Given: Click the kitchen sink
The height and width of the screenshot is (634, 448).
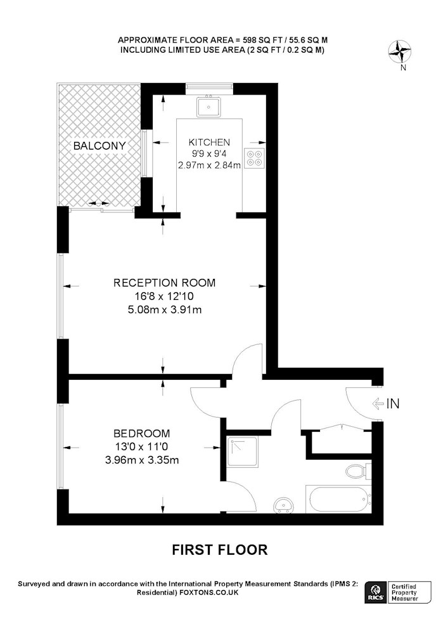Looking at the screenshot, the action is pos(209,107).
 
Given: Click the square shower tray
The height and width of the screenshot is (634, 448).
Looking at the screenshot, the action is pos(242,451).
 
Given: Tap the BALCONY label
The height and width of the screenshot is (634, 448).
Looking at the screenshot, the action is pos(99,146).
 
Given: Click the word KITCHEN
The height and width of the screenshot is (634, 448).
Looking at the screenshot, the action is pos(209,142).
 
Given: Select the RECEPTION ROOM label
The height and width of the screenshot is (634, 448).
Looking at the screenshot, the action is pos(164,283).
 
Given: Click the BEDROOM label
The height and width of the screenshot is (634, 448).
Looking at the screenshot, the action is pos(142,434).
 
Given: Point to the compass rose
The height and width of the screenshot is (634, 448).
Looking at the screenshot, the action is pos(399,52).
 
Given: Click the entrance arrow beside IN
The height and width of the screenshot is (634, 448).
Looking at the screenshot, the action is pos(378,403).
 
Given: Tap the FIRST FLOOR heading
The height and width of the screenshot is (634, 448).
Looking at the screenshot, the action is pos(220,550).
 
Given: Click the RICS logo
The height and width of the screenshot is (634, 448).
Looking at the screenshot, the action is pos(374,592).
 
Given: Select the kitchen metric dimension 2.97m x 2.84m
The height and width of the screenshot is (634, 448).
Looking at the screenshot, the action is pos(209,165).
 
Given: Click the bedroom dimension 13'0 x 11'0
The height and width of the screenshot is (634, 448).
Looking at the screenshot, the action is pos(141,447).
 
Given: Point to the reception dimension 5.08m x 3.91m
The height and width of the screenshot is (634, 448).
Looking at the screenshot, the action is pos(164,310).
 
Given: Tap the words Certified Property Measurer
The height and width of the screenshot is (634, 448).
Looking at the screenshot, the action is pos(404,592).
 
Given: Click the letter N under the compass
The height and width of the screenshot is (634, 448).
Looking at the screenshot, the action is pos(403,68).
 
